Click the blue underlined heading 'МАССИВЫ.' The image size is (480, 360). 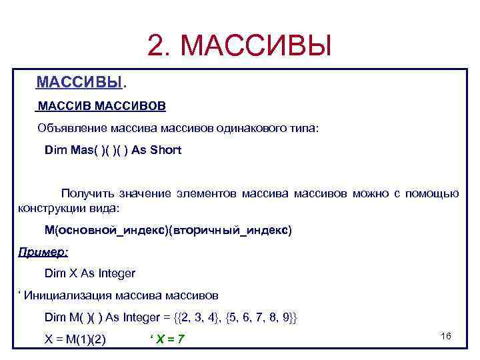pos(81,82)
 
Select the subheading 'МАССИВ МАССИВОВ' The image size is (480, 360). pos(102,106)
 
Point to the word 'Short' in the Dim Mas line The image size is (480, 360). pos(166,150)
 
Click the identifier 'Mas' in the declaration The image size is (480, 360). pos(83,150)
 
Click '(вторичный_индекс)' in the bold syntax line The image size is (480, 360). pos(231,230)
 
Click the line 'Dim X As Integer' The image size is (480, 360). pos(89,273)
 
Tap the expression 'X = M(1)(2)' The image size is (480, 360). pos(75,339)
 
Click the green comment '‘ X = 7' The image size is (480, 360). pos(167,339)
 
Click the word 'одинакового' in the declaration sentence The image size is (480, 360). pos(251,128)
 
